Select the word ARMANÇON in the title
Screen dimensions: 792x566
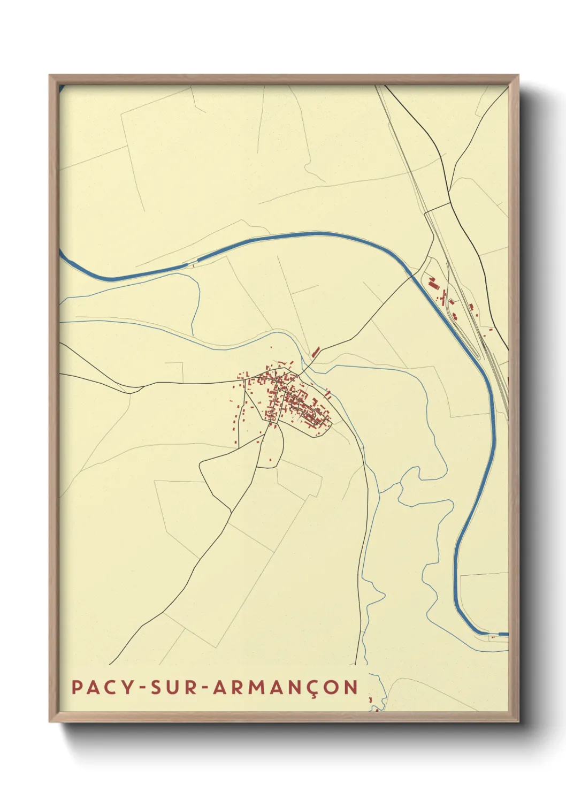(285, 687)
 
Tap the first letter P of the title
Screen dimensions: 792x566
(77, 687)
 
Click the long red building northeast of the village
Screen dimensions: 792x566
(316, 351)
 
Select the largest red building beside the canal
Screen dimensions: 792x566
(432, 280)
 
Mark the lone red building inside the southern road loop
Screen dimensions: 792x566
(270, 459)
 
